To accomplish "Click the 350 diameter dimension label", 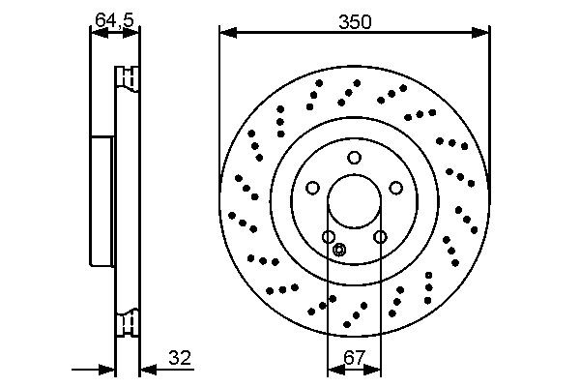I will pyautogui.click(x=354, y=20).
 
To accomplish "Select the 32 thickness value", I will pyautogui.click(x=180, y=359).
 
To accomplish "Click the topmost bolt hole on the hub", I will pyautogui.click(x=355, y=158).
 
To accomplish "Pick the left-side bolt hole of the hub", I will pyautogui.click(x=313, y=189).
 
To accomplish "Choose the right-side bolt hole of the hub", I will pyautogui.click(x=396, y=189).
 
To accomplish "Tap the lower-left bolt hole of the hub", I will pyautogui.click(x=329, y=237).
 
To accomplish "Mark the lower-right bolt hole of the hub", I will pyautogui.click(x=380, y=237).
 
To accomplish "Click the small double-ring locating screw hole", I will pyautogui.click(x=338, y=251).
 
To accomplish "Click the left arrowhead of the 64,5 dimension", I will pyautogui.click(x=96, y=33).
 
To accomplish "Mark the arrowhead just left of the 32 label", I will pyautogui.click(x=146, y=369).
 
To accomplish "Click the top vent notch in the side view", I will pyautogui.click(x=127, y=76).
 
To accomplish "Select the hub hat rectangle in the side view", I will pyautogui.click(x=102, y=200).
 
